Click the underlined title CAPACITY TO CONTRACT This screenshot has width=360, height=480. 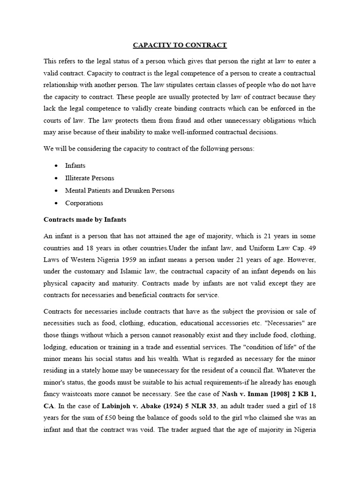pyautogui.click(x=180, y=45)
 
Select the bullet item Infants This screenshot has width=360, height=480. pyautogui.click(x=75, y=165)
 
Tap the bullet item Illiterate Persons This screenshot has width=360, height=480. pyautogui.click(x=90, y=178)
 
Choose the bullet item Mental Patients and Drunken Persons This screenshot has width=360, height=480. pyautogui.click(x=120, y=191)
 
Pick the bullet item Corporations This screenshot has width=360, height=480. pyautogui.click(x=84, y=203)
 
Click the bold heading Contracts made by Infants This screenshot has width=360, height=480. pyautogui.click(x=85, y=219)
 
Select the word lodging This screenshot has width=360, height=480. pyautogui.click(x=56, y=347)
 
